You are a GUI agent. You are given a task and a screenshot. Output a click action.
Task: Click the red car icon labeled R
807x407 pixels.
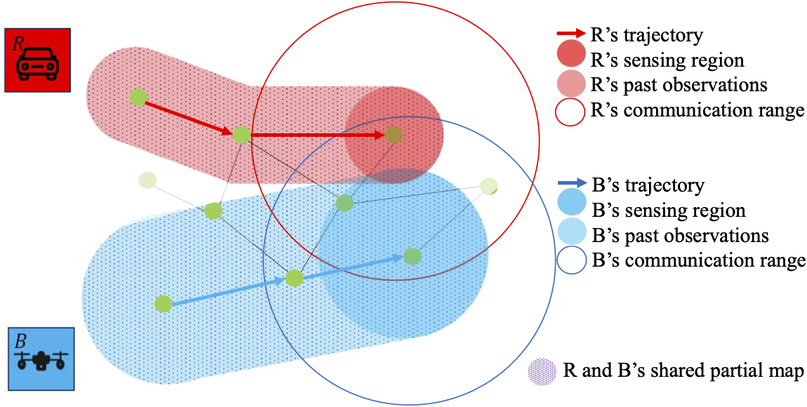(37, 60)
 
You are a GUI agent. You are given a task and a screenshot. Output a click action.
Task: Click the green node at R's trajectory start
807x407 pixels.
(138, 97)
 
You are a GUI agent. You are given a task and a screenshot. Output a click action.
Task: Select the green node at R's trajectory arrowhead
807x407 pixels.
(394, 135)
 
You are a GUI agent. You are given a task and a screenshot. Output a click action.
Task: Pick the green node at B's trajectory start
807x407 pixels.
(164, 304)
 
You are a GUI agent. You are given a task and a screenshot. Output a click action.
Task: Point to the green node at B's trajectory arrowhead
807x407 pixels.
(412, 256)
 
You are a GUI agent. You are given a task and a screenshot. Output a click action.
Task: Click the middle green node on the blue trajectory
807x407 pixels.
(294, 279)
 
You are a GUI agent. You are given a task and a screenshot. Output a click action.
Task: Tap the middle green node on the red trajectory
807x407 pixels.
(241, 134)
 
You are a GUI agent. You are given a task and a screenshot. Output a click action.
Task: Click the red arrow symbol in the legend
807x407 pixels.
(570, 33)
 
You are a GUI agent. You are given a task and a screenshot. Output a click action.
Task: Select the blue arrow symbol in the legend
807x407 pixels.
(570, 185)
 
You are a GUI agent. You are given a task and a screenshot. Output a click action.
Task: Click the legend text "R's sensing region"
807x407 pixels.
(667, 60)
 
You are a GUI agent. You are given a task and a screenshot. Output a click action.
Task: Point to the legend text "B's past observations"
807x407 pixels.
(680, 235)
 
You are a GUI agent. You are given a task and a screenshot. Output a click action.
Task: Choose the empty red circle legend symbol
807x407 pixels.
(570, 111)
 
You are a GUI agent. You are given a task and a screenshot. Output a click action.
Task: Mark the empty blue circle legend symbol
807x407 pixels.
(570, 261)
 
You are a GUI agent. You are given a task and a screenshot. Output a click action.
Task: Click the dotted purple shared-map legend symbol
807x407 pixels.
(542, 371)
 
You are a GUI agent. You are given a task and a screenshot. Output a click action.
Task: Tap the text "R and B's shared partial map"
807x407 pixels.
(683, 371)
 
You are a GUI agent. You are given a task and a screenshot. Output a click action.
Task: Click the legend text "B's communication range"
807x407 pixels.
(698, 261)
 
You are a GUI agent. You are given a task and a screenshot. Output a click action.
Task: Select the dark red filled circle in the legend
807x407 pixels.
(570, 58)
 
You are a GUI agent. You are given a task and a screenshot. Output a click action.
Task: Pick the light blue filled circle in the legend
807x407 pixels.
(570, 234)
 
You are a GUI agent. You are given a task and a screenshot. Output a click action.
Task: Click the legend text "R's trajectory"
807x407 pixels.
(646, 34)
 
